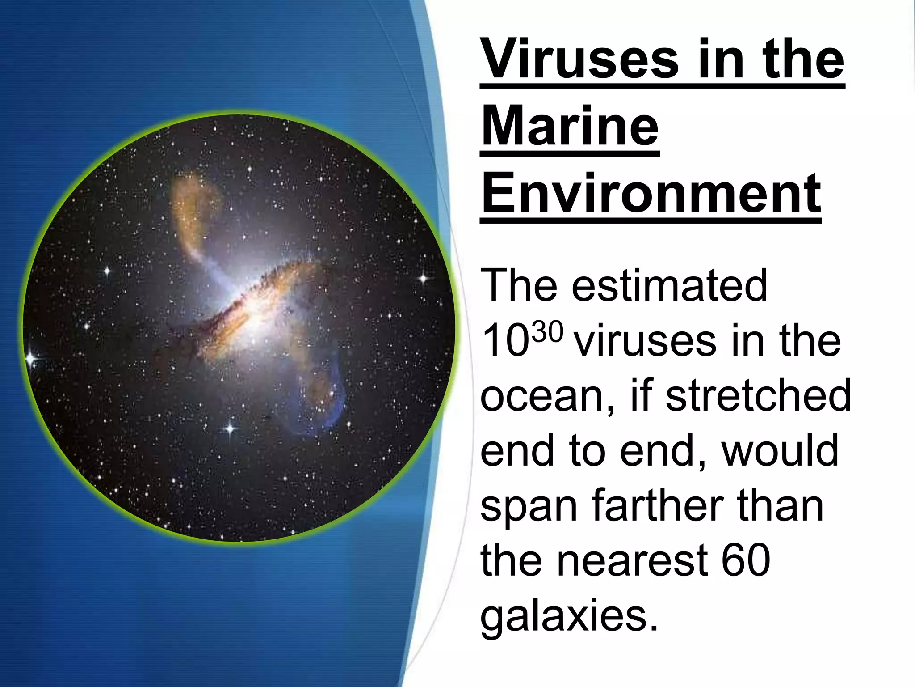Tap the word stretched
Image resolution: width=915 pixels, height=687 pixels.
758,395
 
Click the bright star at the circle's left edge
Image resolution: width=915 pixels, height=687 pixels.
31,358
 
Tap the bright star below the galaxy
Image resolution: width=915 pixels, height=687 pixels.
230,428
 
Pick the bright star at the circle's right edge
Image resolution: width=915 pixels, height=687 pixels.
423,279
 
